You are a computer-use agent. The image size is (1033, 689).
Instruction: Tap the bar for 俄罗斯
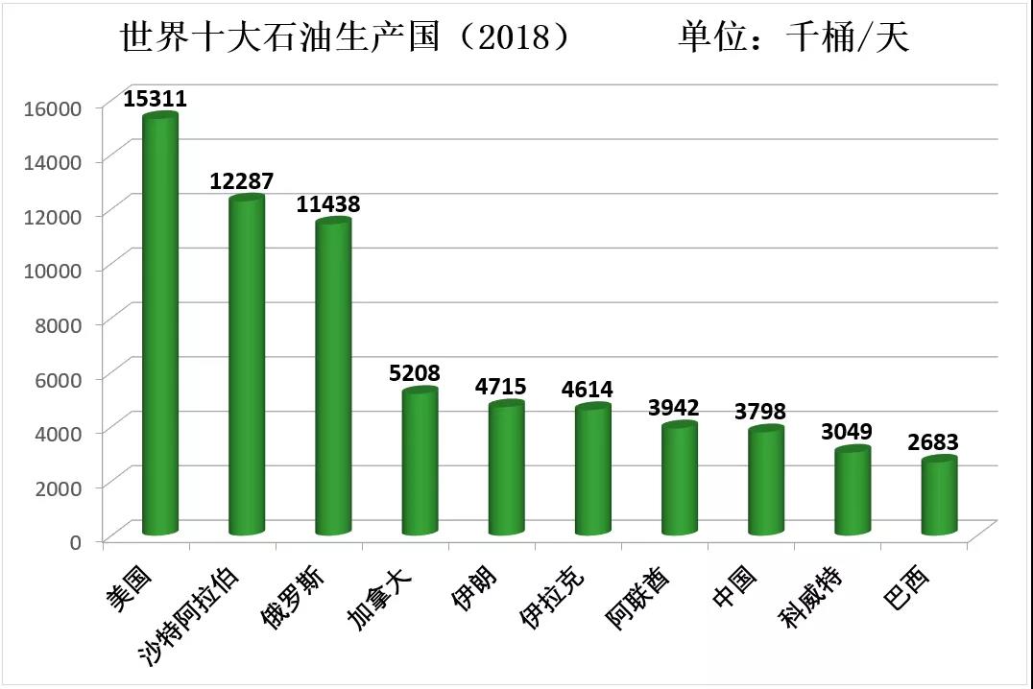(333, 378)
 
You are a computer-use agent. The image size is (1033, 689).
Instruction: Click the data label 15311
(156, 98)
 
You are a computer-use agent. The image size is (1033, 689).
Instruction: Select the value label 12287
(243, 181)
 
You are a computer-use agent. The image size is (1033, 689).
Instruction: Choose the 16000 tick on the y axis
(54, 107)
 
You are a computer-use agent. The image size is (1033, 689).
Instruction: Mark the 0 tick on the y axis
(74, 541)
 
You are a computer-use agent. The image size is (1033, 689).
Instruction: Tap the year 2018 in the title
(524, 37)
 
